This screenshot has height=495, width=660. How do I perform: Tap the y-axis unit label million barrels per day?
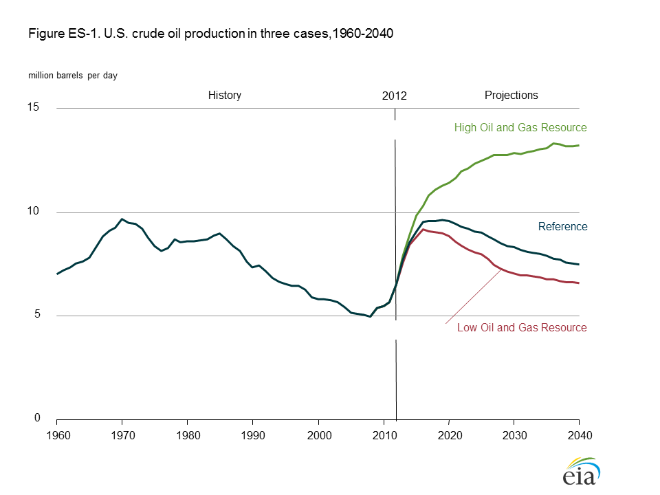coord(72,76)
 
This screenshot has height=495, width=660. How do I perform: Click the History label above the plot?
coord(225,96)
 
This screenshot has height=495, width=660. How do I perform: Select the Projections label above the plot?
coord(511,96)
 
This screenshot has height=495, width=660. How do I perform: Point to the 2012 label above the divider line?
coord(395,96)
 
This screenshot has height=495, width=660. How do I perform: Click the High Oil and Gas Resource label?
coord(520,128)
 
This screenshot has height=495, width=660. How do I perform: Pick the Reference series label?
coord(562,227)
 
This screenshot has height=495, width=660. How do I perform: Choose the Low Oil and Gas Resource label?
coord(522,328)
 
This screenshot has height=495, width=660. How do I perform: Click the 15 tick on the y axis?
coord(34,108)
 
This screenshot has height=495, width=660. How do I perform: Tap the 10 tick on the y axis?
coord(34,212)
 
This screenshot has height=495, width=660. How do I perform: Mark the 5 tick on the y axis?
coord(36,316)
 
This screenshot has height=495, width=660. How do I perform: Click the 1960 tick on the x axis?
coord(57,435)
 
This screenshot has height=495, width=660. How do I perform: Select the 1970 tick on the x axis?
coord(122,435)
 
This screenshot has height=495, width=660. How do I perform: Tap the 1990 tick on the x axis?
coord(253,435)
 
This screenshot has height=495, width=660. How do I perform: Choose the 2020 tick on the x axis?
coord(449,435)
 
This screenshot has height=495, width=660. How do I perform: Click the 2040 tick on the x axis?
coord(579,435)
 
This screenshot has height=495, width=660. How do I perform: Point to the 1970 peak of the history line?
coord(122,219)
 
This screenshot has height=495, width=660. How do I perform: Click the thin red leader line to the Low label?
coord(473,296)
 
